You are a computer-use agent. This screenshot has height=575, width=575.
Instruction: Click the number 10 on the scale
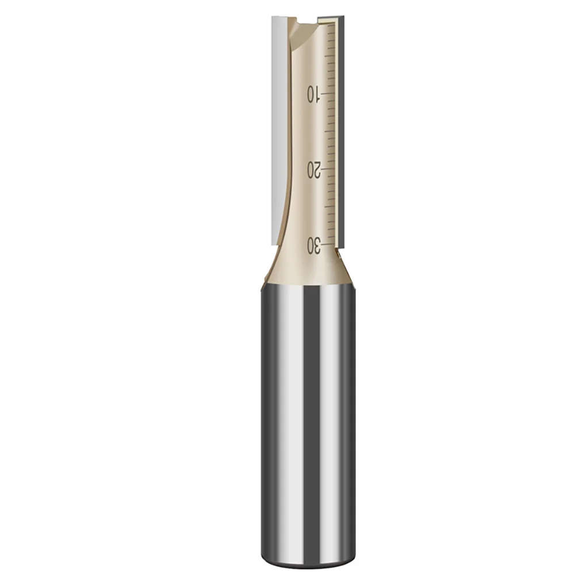tap(313, 93)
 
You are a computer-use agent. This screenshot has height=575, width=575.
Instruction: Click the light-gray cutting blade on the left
tap(277, 115)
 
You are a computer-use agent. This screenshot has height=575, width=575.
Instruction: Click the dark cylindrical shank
tap(305, 414)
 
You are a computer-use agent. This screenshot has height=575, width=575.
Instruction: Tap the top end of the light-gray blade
tap(277, 19)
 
